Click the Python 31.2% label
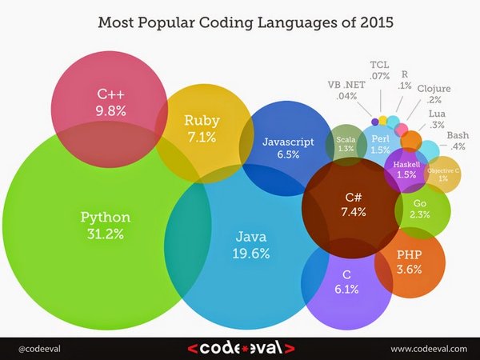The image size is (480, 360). click(105, 225)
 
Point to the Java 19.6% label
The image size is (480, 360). click(252, 245)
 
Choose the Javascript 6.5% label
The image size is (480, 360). click(287, 148)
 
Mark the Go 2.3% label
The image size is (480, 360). click(421, 210)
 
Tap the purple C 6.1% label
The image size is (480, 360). click(334, 281)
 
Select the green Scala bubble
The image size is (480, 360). click(346, 143)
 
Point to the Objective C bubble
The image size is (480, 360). click(442, 174)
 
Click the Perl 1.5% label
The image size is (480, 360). click(380, 144)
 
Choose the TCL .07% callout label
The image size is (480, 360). click(380, 70)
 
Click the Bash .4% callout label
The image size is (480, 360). click(458, 140)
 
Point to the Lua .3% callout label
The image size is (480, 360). click(437, 120)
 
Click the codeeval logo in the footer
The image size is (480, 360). click(239, 348)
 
